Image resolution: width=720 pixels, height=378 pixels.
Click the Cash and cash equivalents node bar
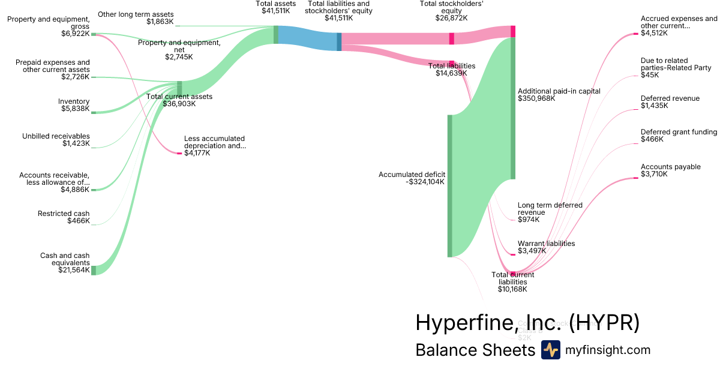point(93,269)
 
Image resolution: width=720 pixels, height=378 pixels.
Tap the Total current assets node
point(179,89)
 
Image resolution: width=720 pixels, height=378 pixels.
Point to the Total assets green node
point(276,35)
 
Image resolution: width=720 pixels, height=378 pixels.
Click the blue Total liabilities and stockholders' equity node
point(339,41)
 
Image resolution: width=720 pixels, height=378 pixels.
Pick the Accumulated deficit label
point(412,175)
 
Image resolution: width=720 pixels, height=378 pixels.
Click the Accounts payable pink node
point(635,178)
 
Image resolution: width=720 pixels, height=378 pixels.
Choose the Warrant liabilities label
point(546,244)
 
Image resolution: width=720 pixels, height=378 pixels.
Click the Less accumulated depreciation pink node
point(179,154)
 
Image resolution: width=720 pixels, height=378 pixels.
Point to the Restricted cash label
point(64,214)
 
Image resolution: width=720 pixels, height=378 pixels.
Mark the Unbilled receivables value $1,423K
point(76,143)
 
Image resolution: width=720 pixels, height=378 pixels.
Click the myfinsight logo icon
point(550,350)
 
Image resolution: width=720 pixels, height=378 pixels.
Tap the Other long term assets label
point(136,14)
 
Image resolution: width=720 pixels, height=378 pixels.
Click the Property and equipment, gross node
point(93,34)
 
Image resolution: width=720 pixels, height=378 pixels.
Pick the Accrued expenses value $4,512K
point(653,33)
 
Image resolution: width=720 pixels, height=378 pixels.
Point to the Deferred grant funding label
point(679,132)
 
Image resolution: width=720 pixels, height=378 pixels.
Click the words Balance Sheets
point(475,350)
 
